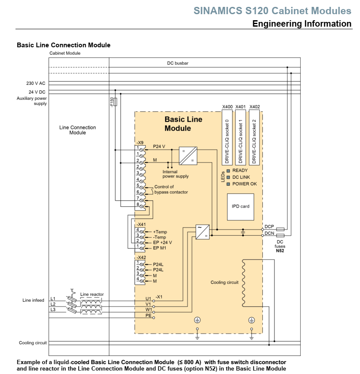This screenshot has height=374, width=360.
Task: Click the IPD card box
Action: tap(240, 206)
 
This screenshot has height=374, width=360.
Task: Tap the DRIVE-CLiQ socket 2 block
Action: tap(254, 137)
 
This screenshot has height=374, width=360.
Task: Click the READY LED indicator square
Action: tap(229, 171)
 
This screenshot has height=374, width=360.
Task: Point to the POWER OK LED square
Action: tap(229, 184)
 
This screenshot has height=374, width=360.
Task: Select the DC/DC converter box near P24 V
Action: tap(188, 156)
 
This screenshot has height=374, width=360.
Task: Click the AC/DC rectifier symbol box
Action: tap(202, 232)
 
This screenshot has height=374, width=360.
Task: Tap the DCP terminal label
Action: tap(269, 226)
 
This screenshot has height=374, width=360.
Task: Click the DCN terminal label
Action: tap(269, 233)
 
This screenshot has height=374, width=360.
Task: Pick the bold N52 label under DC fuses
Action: tap(280, 250)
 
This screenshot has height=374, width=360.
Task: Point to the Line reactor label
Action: tap(92, 294)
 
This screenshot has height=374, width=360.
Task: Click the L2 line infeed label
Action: tap(53, 304)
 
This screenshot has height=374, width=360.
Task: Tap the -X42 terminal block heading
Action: tap(141, 257)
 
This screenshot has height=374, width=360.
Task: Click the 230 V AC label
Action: tap(36, 83)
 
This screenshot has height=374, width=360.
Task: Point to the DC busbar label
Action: tap(178, 63)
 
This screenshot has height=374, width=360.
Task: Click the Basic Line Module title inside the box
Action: tap(184, 124)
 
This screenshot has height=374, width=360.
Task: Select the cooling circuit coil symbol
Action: tap(243, 282)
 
